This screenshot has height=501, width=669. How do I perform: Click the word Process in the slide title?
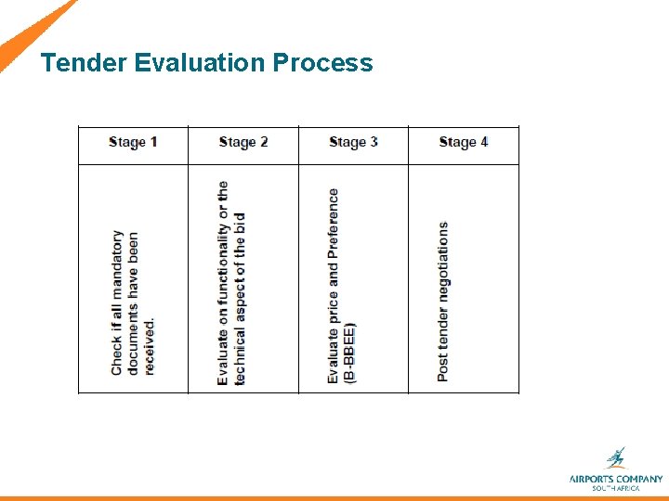pos(322,63)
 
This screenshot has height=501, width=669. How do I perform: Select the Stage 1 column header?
pos(133,142)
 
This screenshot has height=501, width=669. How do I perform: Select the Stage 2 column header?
pos(243,142)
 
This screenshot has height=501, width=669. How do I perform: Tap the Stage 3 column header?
pos(353,142)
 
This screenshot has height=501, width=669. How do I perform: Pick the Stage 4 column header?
pos(463,142)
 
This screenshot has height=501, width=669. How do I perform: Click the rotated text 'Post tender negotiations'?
pos(443,301)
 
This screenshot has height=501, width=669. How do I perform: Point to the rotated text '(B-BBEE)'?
pos(349,353)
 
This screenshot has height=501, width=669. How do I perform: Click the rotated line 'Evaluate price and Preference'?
pos(334,286)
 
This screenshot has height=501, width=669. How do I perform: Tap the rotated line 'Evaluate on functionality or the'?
pos(223,283)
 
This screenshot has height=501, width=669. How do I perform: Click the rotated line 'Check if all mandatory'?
pos(117,302)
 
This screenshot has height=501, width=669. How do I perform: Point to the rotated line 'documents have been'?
pos(133,303)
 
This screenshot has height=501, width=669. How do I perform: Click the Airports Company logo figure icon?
pos(615,458)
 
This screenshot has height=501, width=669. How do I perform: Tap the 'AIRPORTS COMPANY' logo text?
pos(616,479)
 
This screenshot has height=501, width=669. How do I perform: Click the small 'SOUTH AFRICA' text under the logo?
pos(616,488)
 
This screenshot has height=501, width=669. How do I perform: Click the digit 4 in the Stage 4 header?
pos(484,142)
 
